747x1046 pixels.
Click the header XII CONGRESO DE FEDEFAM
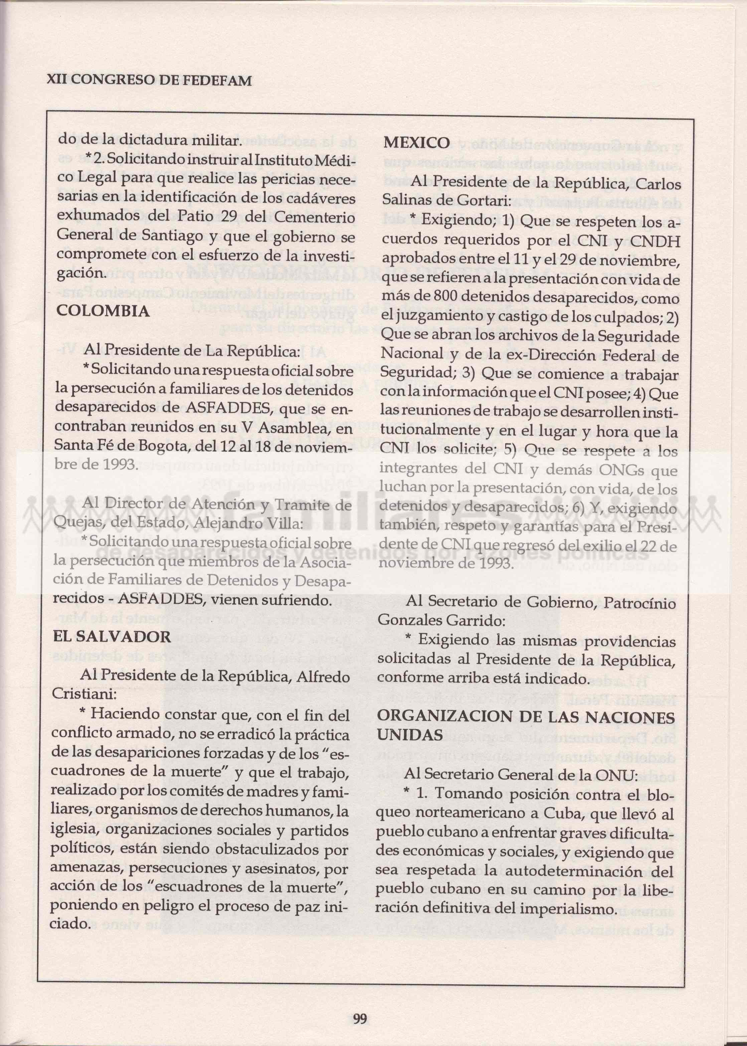pyautogui.click(x=149, y=81)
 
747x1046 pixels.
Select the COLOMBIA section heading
pyautogui.click(x=103, y=311)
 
